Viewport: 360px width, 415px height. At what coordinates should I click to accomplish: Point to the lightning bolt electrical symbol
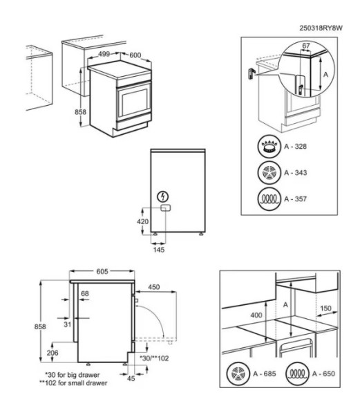pyautogui.click(x=163, y=196)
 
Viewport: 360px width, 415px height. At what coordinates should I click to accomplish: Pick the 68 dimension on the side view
pyautogui.click(x=85, y=295)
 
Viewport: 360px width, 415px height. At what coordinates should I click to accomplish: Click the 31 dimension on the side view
pyautogui.click(x=68, y=324)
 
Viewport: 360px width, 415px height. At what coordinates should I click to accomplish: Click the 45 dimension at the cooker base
pyautogui.click(x=132, y=378)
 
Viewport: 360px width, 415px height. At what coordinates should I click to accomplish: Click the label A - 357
pyautogui.click(x=297, y=199)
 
